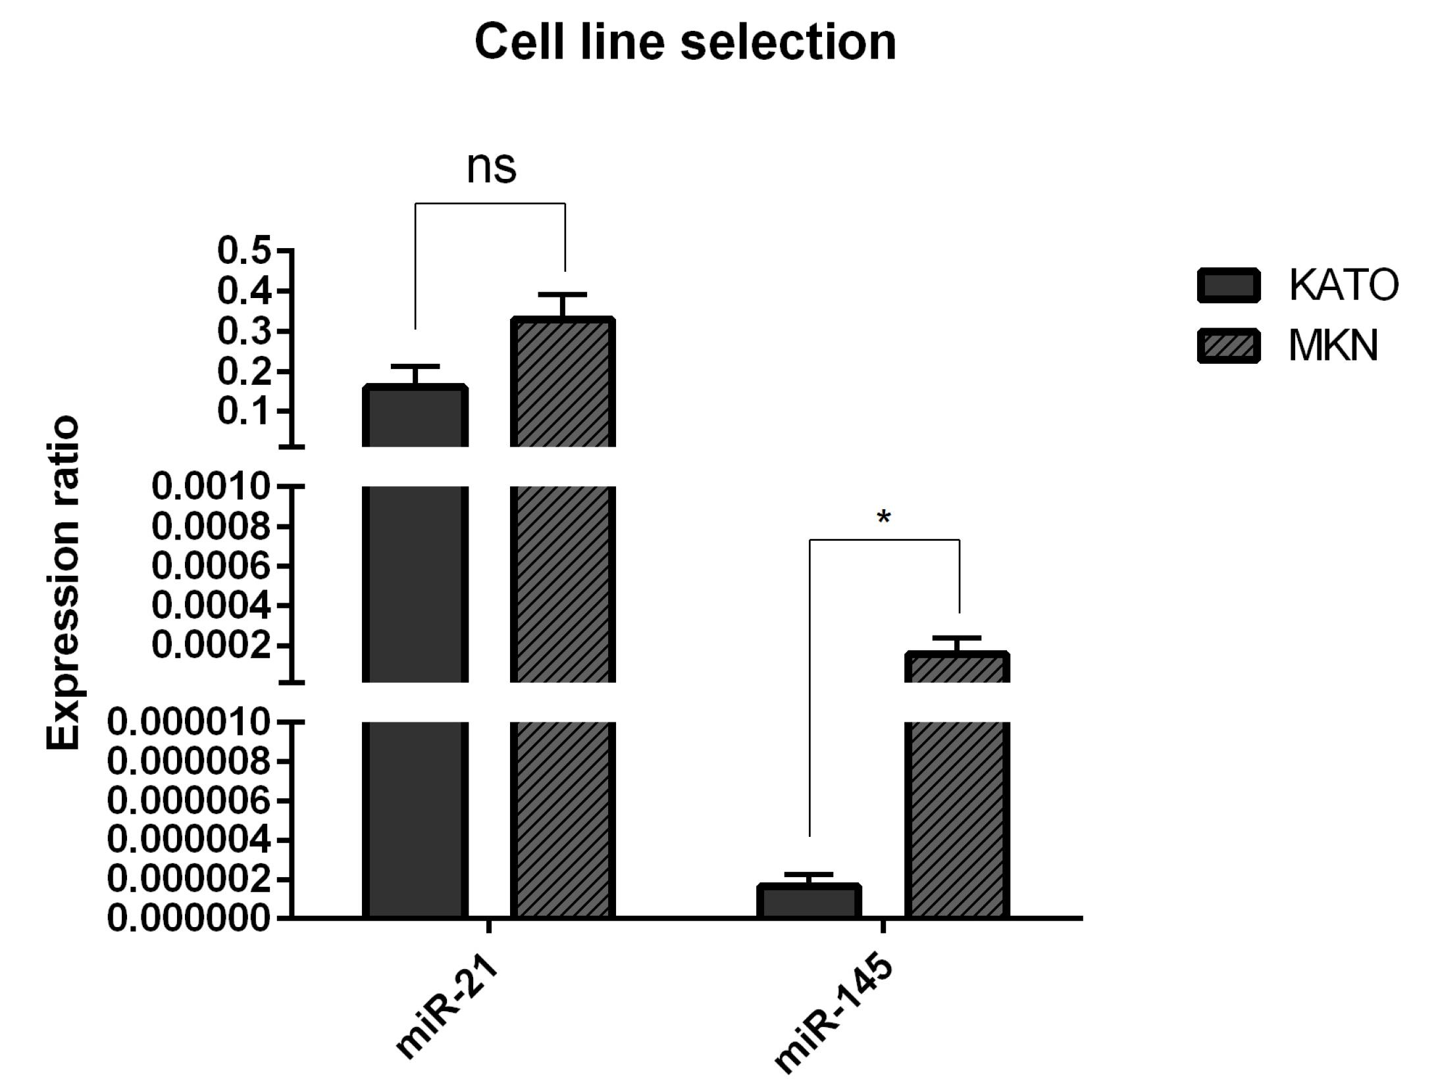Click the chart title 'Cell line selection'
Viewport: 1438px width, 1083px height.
tap(685, 42)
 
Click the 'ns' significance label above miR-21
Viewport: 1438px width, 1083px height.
tap(491, 167)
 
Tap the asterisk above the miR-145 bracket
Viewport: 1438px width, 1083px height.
tap(884, 517)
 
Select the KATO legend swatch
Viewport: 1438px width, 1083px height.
tap(1228, 286)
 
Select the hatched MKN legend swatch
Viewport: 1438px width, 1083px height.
tap(1228, 345)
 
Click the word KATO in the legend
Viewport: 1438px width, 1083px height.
tap(1343, 286)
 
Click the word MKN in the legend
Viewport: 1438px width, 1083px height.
tap(1333, 345)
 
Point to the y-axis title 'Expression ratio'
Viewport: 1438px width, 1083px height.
tap(63, 582)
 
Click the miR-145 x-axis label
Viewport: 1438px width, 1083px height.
tap(833, 1016)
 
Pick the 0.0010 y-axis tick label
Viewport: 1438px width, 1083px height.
tap(211, 487)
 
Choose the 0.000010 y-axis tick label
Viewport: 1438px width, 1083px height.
tap(188, 722)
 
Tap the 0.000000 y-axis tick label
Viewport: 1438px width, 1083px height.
tap(188, 917)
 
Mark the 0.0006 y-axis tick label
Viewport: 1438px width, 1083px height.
tap(211, 565)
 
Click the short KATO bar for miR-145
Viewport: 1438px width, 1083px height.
tap(809, 901)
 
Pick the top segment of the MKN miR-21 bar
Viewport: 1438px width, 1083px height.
tap(563, 382)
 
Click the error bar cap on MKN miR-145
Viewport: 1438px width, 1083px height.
tap(957, 638)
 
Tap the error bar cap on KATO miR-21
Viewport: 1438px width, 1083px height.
tap(415, 366)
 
